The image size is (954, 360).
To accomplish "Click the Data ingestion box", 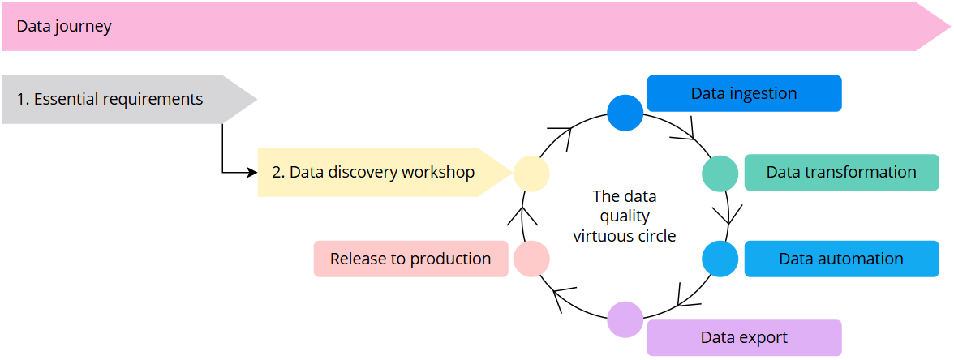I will pos(744,93).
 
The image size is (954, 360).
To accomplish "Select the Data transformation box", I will pos(841,172).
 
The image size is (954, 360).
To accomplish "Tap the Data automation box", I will pos(841,259).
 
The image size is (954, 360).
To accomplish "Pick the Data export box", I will pos(744,337).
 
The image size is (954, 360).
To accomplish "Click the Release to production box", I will pos(410,259).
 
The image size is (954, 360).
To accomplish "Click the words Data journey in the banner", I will pos(64,27).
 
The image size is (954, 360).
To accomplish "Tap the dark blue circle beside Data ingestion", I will pos(625,113).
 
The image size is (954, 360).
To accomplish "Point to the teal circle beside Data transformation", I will pos(720,173).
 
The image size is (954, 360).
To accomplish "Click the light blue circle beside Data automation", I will pos(720,259).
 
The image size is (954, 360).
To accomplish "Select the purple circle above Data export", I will pos(625,319).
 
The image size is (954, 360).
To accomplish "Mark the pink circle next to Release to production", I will pos(531,259).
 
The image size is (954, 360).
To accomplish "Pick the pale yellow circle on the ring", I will pos(531,173).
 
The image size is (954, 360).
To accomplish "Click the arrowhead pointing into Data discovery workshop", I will pos(251,172).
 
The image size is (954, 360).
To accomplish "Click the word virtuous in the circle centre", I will pos(601,237).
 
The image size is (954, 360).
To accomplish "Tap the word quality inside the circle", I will pos(625,216).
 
